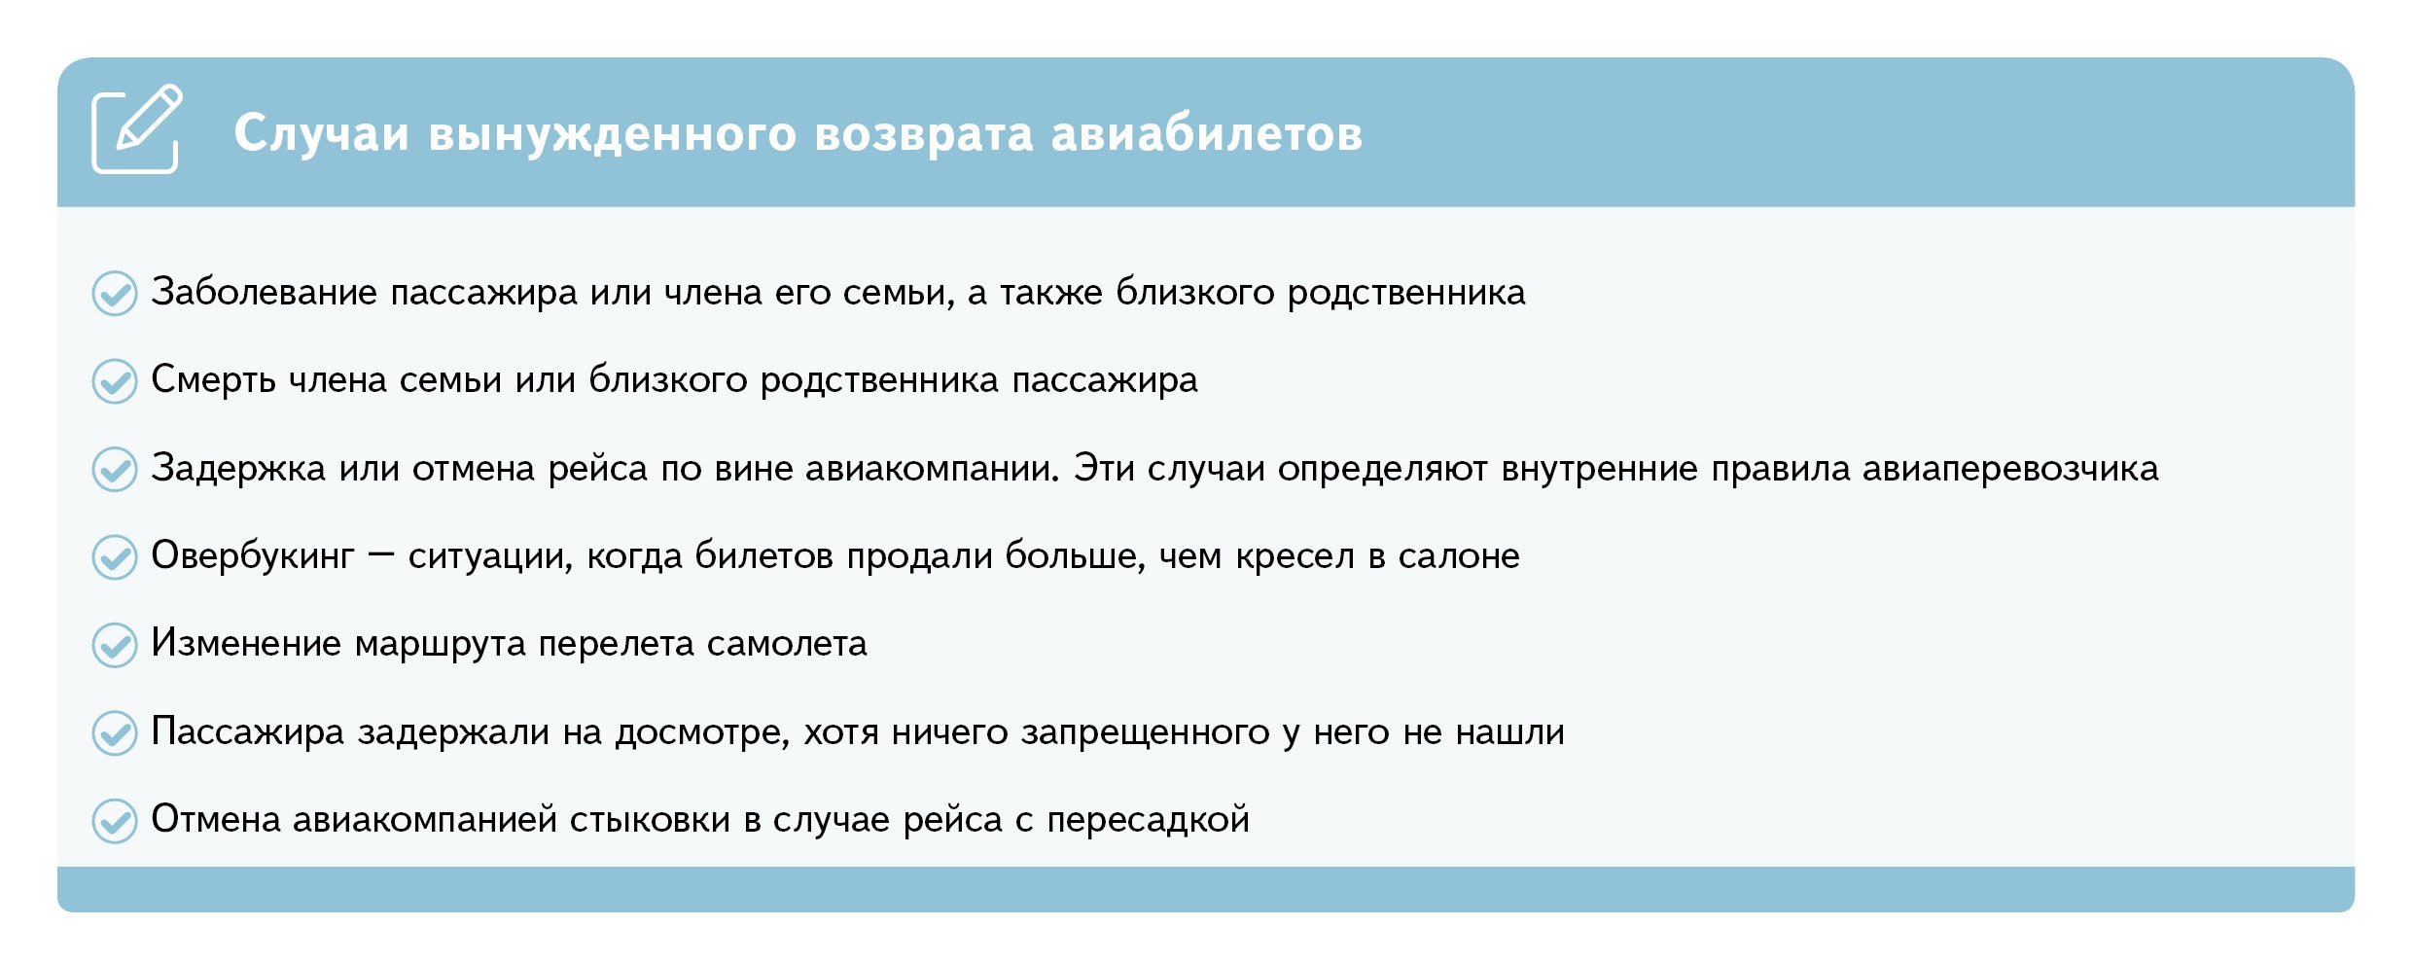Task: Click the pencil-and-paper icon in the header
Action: coord(136,129)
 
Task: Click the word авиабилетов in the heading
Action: coord(1207,133)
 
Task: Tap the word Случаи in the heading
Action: coord(321,133)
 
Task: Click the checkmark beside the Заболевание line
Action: coord(115,293)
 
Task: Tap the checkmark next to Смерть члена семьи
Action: coord(115,381)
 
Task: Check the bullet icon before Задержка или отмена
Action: coord(115,469)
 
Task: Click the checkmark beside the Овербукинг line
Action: coord(115,556)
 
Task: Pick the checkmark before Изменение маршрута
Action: coord(115,645)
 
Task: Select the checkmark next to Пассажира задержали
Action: coord(115,732)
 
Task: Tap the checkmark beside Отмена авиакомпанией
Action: coord(115,821)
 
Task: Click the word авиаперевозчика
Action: coord(2010,469)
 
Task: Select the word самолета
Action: coord(787,644)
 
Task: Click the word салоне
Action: coord(1459,556)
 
